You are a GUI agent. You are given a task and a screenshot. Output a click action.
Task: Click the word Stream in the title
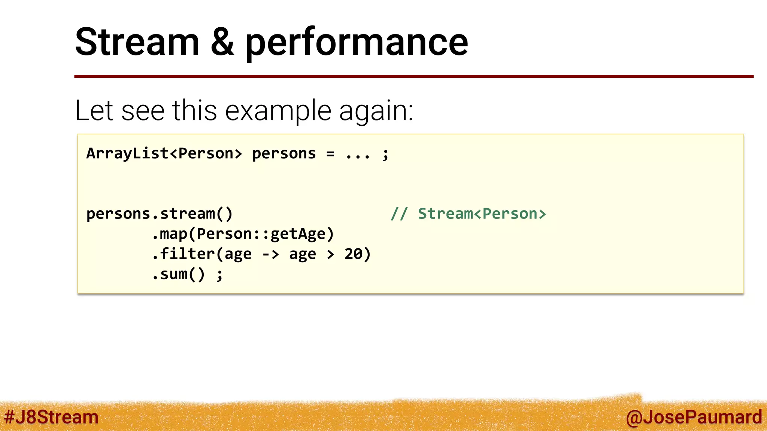137,42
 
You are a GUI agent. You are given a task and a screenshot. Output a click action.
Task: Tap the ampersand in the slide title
222,42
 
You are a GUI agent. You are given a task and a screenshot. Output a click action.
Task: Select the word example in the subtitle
278,111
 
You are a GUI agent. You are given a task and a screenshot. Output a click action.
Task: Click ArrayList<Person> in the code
164,154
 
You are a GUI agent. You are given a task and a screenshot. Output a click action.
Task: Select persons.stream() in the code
160,214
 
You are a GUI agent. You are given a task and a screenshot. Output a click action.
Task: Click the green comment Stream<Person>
482,214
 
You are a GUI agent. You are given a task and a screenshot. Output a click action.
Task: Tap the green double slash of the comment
399,214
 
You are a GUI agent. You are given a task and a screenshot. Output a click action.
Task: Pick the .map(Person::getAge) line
243,234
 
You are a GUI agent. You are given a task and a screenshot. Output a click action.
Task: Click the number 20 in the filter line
354,254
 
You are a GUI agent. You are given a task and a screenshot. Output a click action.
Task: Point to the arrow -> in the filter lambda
270,254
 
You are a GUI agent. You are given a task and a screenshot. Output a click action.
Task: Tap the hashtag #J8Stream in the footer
51,417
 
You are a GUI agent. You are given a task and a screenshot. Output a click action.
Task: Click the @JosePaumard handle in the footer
694,417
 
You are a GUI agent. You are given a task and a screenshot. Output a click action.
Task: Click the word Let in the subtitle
94,111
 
